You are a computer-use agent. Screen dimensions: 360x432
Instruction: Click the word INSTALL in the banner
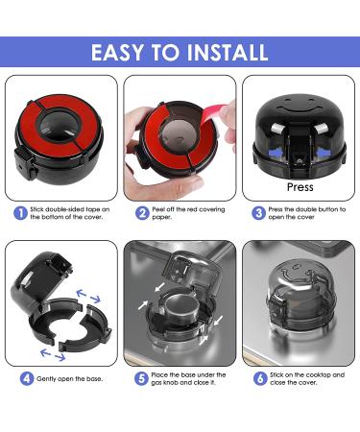tap(228, 53)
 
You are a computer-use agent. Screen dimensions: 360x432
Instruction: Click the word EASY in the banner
tap(117, 53)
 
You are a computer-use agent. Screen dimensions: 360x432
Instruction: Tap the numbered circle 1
tap(20, 213)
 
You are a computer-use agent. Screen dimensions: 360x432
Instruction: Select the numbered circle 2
tap(142, 213)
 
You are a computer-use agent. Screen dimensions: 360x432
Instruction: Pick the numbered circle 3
tap(258, 213)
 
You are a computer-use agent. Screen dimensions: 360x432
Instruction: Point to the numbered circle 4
tap(27, 378)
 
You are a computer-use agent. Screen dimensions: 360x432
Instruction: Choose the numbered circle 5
tap(141, 378)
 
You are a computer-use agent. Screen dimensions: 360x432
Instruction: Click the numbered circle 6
tap(260, 378)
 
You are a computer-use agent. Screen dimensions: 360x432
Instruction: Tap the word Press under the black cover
tap(300, 187)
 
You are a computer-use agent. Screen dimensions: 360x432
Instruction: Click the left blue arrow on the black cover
tap(277, 154)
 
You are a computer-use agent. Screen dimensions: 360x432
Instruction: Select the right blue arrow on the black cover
tap(324, 154)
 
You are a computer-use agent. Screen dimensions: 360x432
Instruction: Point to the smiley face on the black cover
tap(300, 106)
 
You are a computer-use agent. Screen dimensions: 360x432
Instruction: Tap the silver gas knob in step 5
tap(180, 309)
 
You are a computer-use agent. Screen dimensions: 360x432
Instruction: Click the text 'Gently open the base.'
tap(69, 379)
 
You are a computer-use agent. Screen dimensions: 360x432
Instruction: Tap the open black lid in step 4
tap(40, 278)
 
